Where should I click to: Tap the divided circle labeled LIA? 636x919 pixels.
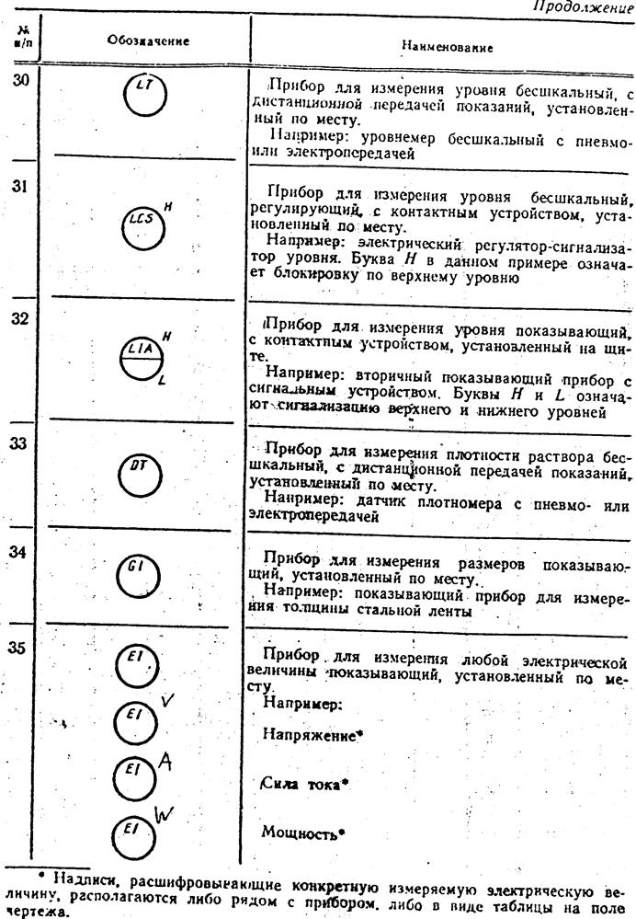141,355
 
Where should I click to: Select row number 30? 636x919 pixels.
20,81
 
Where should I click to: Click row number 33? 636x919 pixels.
18,442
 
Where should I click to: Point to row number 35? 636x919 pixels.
19,648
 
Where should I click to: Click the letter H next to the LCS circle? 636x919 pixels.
169,208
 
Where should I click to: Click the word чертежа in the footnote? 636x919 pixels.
22,914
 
